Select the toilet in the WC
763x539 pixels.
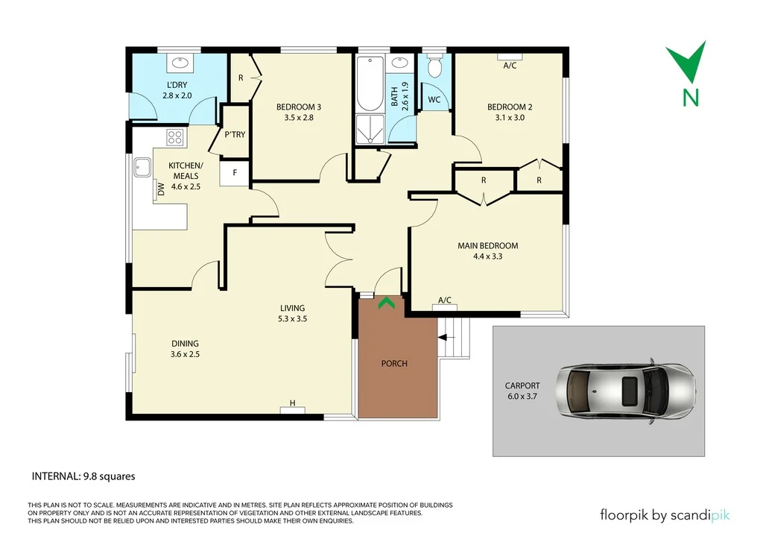435,67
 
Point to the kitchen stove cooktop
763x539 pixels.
175,136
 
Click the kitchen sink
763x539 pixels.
142,168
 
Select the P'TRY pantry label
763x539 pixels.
235,135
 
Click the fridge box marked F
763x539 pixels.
235,173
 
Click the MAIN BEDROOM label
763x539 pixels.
487,245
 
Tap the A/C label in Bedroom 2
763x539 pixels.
510,66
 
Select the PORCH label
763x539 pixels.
394,364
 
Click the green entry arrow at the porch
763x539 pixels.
385,303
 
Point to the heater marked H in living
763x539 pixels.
293,404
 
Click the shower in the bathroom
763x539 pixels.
369,129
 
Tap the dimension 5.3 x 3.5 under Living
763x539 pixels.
292,318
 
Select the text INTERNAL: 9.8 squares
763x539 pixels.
83,476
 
